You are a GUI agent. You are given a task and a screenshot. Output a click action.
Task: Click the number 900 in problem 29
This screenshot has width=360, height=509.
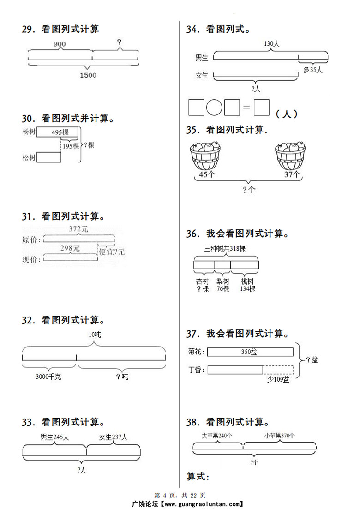(60, 44)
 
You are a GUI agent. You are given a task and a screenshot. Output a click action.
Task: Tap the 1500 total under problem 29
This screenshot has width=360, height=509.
(87, 75)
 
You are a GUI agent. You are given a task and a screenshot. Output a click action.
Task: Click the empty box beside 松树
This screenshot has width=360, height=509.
(48, 157)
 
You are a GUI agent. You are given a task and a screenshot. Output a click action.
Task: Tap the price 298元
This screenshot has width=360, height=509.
(70, 248)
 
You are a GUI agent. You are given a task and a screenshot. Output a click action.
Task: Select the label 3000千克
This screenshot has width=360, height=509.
(48, 377)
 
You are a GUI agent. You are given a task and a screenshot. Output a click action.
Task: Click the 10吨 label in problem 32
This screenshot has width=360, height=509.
(94, 335)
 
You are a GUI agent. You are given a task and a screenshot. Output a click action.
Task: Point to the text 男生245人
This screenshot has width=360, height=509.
(54, 437)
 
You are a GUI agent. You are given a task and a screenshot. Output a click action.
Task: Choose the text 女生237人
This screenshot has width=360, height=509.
(113, 437)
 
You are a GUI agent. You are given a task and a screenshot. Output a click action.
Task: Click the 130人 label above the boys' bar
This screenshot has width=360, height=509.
(272, 44)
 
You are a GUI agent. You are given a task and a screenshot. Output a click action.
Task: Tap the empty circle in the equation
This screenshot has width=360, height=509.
(214, 108)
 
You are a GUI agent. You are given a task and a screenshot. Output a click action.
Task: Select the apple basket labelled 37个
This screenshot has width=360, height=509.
(290, 156)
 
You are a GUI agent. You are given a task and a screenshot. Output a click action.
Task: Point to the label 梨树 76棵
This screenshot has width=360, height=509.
(222, 285)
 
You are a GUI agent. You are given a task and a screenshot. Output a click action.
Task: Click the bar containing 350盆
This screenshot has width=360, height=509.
(250, 352)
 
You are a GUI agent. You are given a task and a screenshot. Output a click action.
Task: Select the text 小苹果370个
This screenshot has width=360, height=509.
(280, 435)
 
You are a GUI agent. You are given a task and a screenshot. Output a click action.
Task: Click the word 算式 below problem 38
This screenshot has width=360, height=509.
(198, 476)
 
